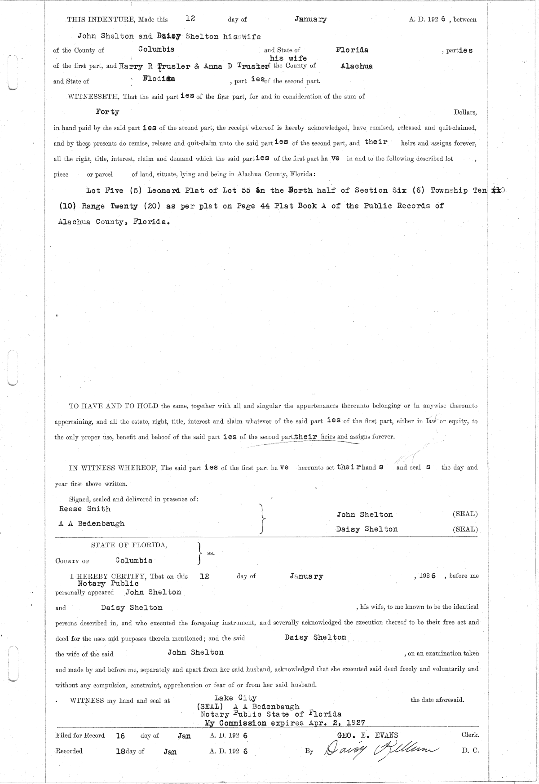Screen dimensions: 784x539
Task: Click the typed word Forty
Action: pos(107,112)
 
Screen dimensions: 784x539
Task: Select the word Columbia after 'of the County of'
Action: pos(156,49)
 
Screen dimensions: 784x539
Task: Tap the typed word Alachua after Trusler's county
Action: pos(356,66)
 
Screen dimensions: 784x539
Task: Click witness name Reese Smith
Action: pos(84,509)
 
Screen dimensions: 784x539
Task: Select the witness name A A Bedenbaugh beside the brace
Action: pos(92,523)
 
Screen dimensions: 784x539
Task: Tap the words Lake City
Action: pos(235,698)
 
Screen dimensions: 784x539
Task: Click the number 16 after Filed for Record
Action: pos(120,736)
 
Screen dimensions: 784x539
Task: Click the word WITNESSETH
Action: pos(93,97)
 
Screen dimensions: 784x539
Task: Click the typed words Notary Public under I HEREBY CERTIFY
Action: pos(108,583)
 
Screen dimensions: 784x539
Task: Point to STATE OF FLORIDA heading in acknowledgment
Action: pos(129,545)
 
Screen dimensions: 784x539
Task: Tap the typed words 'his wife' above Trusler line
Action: pos(288,58)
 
